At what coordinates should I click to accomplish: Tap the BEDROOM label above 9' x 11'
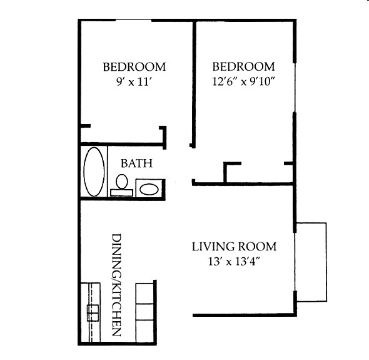pos(134,66)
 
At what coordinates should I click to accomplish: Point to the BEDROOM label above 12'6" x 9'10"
pos(243,66)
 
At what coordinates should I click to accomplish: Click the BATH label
pos(136,163)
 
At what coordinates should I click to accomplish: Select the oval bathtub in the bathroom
pos(94,172)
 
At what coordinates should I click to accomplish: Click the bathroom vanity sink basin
pos(149,188)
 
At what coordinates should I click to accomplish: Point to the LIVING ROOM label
pos(233,246)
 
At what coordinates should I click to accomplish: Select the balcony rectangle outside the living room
pos(311,261)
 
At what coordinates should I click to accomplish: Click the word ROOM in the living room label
pos(257,246)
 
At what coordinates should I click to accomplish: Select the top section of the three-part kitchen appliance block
pos(145,293)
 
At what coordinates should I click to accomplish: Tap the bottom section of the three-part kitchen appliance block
pos(145,332)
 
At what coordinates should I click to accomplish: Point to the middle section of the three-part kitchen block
pos(145,313)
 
